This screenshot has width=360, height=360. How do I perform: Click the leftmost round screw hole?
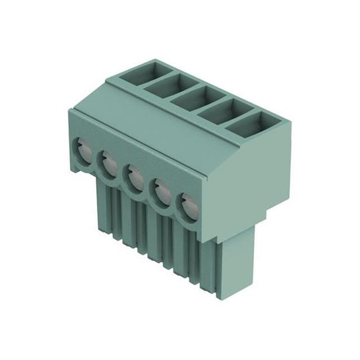pyautogui.click(x=83, y=150)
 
